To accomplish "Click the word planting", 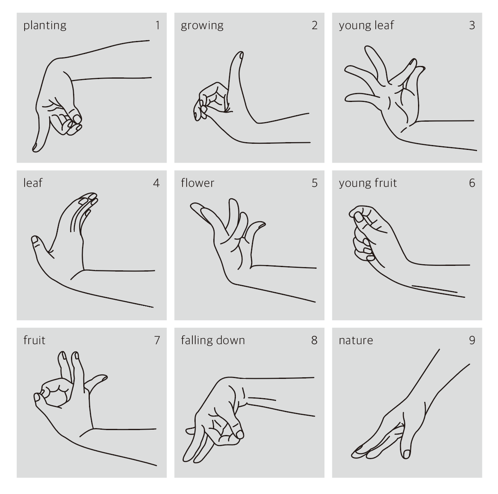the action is [45, 26].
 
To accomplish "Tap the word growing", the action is [202, 26].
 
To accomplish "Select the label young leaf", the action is [366, 25].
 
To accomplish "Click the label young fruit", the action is [368, 183].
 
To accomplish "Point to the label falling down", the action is [212, 340].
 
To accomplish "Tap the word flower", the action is [197, 183].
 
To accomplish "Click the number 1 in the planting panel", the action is [158, 25].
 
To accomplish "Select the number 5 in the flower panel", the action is [314, 183].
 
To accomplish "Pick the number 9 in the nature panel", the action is [472, 340].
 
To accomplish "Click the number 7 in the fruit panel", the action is [157, 340].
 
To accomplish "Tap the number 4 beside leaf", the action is [156, 183].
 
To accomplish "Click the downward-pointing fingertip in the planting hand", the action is [35, 149].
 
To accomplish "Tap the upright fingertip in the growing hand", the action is [240, 54].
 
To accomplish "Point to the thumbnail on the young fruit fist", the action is [359, 217].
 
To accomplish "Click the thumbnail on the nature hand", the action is [407, 453].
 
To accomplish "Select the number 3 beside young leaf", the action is [472, 25].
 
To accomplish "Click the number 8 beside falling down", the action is [314, 340].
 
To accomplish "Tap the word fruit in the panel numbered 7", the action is [34, 340].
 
